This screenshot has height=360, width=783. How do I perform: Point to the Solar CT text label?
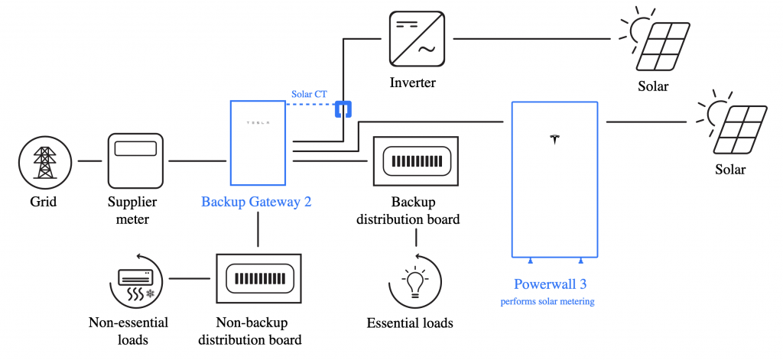coord(310,94)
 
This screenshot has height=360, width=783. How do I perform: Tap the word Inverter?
coord(412,83)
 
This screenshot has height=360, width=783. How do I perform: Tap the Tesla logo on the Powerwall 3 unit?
coord(555,139)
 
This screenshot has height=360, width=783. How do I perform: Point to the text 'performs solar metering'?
coord(547,301)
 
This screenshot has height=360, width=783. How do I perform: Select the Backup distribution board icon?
coord(415,162)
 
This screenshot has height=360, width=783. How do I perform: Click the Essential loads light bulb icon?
coord(415,283)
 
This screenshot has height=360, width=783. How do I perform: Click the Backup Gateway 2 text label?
coord(257,203)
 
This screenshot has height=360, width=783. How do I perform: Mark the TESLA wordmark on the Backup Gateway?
coord(257,122)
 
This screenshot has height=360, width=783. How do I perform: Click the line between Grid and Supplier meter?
coord(89,161)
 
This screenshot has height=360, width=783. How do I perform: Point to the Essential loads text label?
coord(410,323)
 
